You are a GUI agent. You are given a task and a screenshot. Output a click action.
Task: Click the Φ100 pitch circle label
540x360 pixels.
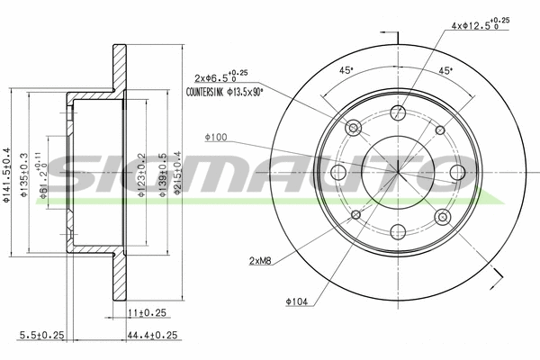[215, 137]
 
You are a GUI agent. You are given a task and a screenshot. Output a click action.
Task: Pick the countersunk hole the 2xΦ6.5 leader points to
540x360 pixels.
[354, 128]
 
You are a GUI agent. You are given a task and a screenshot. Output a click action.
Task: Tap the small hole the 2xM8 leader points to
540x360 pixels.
[355, 214]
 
